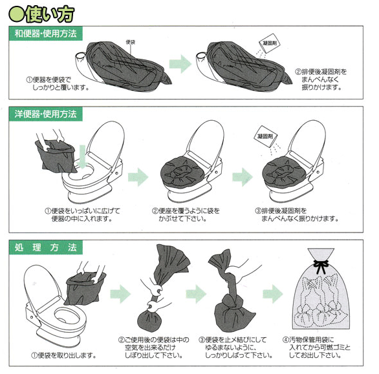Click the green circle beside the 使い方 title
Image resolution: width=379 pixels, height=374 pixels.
click(16, 14)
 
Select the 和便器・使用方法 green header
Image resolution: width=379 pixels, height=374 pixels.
click(46, 34)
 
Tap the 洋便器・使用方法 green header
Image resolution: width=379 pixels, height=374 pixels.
click(46, 114)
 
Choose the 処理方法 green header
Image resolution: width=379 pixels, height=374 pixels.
click(46, 247)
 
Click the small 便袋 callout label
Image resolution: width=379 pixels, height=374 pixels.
click(130, 42)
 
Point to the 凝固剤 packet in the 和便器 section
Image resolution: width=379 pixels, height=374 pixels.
click(270, 43)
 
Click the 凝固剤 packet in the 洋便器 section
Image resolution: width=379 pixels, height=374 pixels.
click(265, 136)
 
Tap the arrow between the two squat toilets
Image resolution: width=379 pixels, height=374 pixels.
click(180, 64)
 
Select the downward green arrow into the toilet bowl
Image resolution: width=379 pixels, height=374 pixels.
click(82, 156)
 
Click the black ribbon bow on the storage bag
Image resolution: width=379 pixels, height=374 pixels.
click(321, 266)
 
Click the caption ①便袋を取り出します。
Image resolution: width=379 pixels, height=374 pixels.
click(63, 355)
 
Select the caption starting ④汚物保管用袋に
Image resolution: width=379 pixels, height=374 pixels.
click(316, 348)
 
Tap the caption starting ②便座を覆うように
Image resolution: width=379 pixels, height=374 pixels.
click(186, 214)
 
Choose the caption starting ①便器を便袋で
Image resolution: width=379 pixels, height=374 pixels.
click(58, 83)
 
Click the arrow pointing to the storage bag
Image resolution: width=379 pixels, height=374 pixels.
click(273, 294)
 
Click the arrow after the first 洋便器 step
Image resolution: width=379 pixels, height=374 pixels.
click(138, 177)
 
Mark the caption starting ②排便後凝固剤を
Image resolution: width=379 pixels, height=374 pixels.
click(321, 79)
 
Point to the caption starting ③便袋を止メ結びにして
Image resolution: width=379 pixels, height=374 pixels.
click(235, 348)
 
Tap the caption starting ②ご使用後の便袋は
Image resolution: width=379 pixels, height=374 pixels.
click(154, 348)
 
